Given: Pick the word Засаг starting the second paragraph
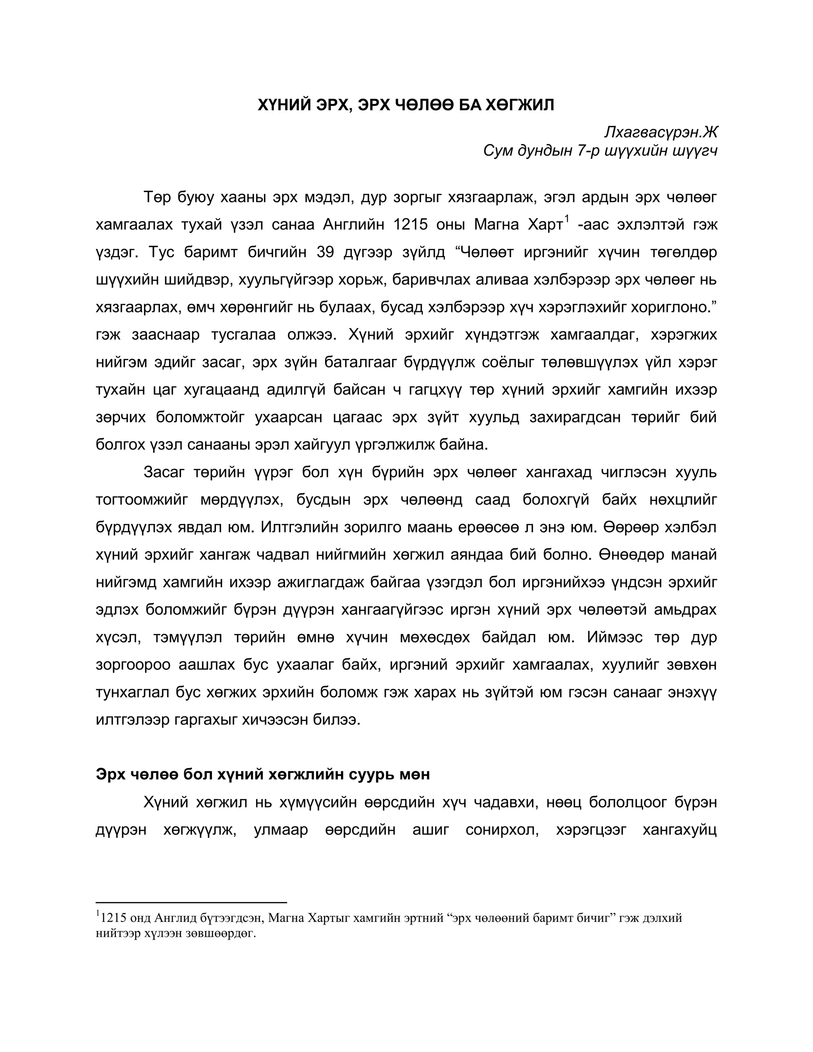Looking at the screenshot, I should pyautogui.click(x=164, y=472).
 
